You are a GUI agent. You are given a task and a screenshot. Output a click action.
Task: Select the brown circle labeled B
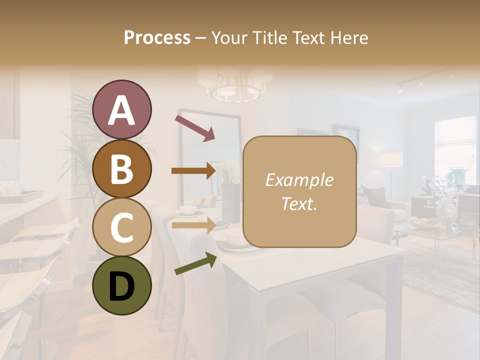tap(121, 168)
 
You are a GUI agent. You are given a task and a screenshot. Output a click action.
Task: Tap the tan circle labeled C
tap(121, 227)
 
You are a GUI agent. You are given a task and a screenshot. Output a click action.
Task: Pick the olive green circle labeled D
tap(121, 285)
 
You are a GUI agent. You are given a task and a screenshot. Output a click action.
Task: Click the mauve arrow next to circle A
tap(194, 127)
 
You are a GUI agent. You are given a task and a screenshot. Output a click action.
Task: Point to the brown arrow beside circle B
tap(193, 171)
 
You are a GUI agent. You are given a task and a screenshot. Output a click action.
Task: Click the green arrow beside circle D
tap(195, 263)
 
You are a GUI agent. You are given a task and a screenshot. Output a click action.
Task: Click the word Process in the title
tap(157, 37)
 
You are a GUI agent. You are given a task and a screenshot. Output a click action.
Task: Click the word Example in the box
tap(299, 180)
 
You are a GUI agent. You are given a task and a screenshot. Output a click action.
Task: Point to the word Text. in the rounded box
tap(299, 203)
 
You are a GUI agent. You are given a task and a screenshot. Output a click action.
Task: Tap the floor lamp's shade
tap(391, 159)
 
